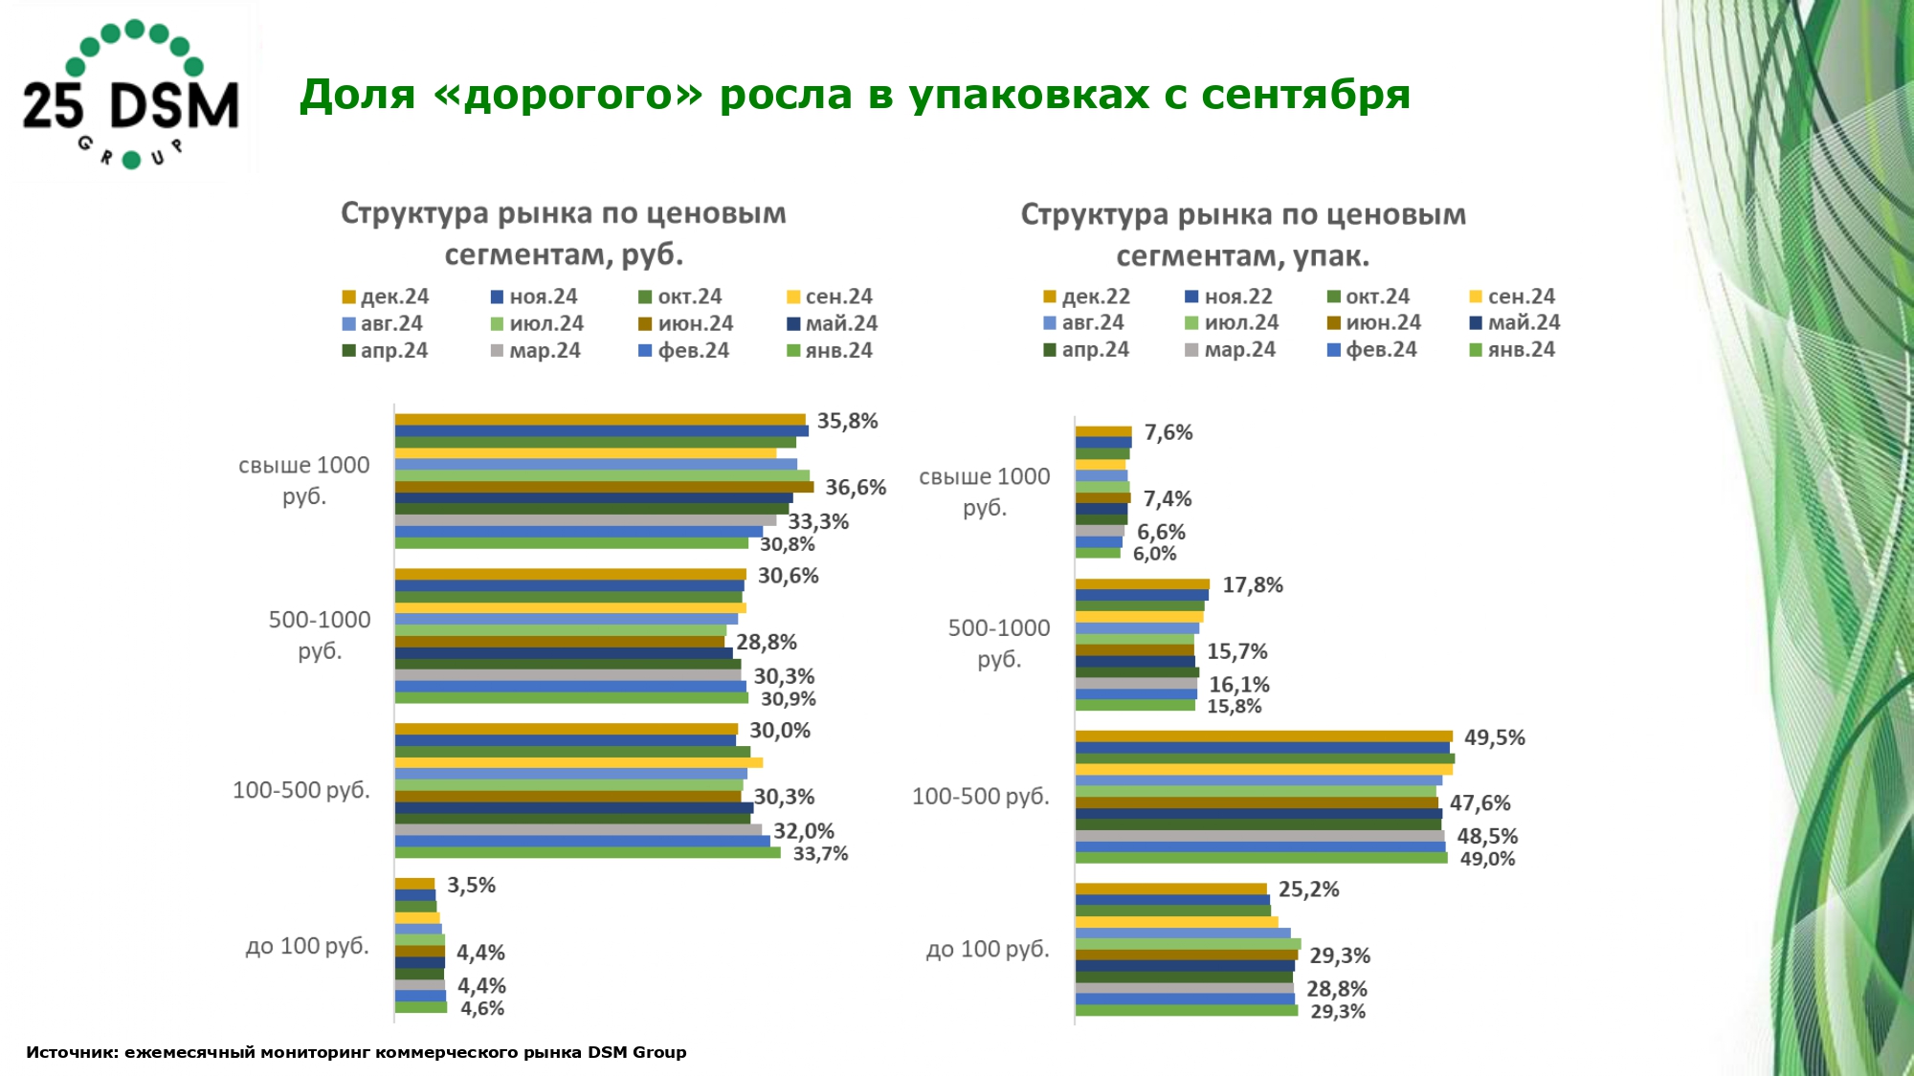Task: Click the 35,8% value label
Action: tap(847, 422)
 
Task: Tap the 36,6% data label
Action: tap(856, 488)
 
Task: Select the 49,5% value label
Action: tap(1494, 737)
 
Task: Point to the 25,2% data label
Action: tap(1308, 889)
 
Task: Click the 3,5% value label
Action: tap(471, 886)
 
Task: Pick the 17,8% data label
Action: tap(1252, 585)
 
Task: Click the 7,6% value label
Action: tap(1168, 432)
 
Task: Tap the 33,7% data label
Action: tap(820, 854)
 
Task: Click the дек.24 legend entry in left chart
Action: tap(386, 296)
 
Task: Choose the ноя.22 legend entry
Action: tap(1229, 296)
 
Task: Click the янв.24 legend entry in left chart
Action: tap(830, 350)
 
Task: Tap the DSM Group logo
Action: tap(131, 94)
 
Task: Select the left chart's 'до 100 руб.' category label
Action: tap(307, 946)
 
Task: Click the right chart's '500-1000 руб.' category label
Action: tap(998, 643)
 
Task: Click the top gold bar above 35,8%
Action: tap(600, 419)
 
